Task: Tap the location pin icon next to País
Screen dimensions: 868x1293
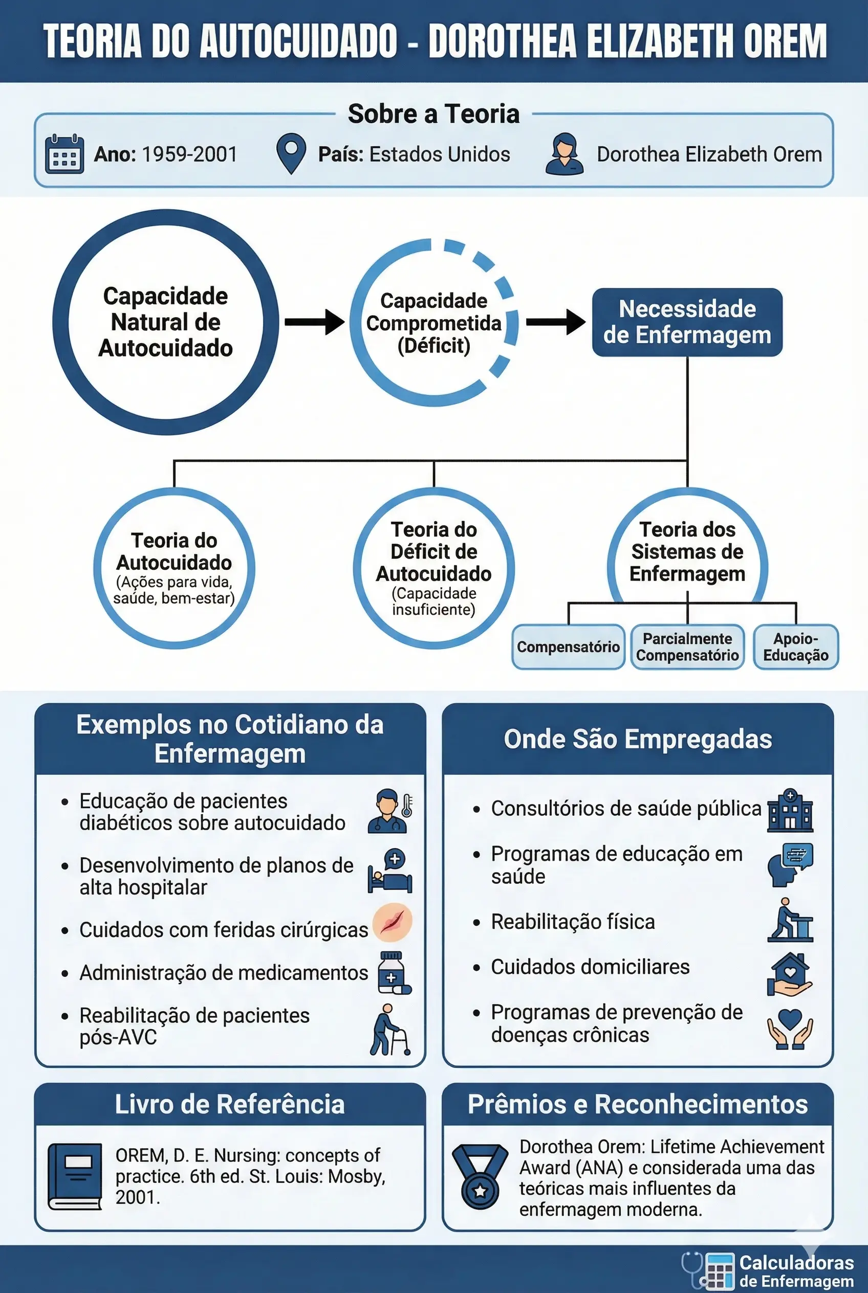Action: point(291,153)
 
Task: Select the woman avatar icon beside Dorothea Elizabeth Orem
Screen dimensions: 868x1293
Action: point(564,154)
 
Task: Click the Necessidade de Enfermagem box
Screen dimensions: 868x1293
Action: point(687,322)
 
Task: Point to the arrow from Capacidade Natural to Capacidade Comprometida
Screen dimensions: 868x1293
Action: point(314,322)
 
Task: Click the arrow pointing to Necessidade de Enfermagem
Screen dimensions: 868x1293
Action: point(555,322)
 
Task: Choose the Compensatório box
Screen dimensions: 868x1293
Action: point(569,647)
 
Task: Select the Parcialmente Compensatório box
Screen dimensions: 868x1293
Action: point(687,647)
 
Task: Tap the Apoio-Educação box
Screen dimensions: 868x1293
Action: point(796,647)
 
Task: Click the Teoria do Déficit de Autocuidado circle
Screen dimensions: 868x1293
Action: point(434,568)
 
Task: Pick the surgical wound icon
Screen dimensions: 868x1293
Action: point(393,922)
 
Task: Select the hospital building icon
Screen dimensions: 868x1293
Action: point(790,811)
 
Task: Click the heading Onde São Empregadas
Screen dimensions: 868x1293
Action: point(638,739)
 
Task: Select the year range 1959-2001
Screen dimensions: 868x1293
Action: point(190,154)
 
